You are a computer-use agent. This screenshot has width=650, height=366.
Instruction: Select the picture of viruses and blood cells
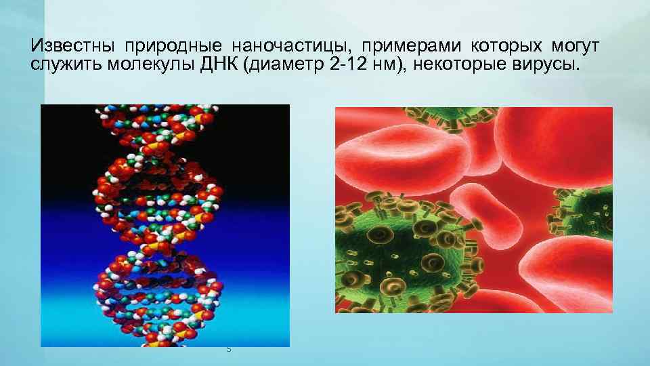coord(473,209)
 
